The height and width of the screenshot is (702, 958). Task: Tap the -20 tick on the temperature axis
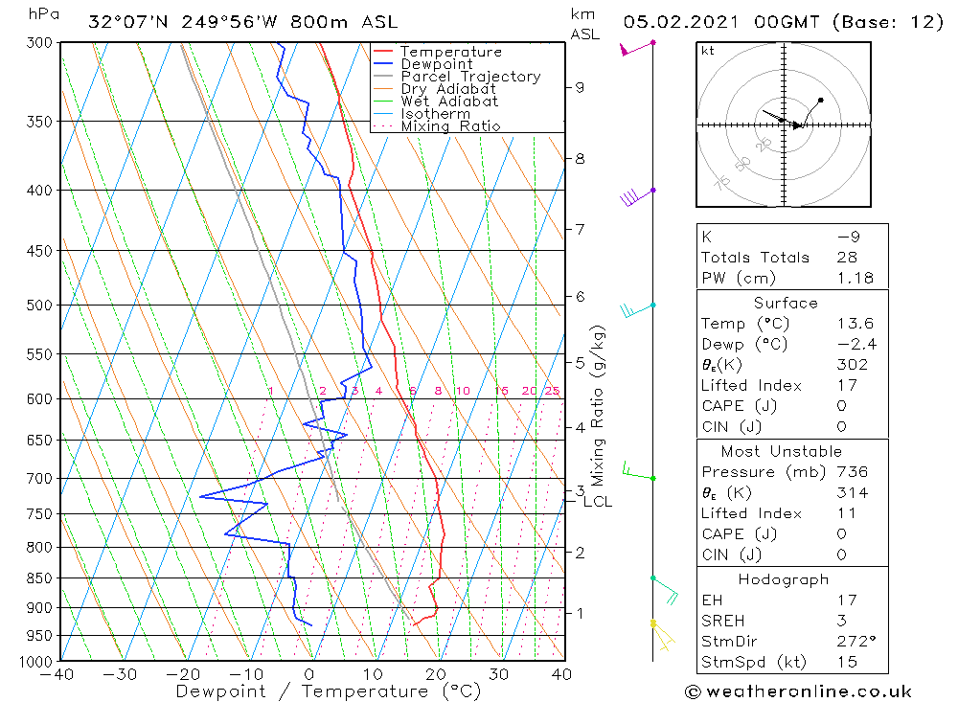[184, 674]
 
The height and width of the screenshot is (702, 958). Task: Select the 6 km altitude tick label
[580, 297]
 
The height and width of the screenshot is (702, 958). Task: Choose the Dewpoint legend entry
[436, 64]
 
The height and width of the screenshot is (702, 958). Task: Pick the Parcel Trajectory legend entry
[470, 77]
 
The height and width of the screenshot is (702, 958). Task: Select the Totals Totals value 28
[847, 258]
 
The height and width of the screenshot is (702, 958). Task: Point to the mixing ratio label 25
[552, 391]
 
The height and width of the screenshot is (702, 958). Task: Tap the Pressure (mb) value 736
[851, 472]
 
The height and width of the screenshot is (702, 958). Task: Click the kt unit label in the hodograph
[707, 51]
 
